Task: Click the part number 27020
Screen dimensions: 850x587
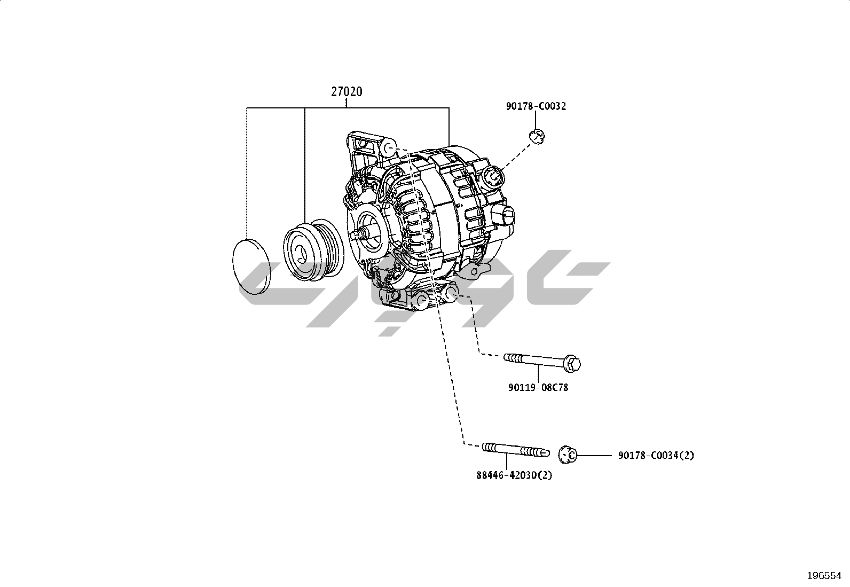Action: (x=347, y=91)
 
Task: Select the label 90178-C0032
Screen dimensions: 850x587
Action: (x=536, y=106)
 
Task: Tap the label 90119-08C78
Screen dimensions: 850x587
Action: (x=538, y=388)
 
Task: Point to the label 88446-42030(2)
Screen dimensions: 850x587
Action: (x=514, y=475)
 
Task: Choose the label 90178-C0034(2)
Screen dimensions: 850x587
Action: (x=656, y=455)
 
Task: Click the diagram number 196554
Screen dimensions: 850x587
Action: (x=824, y=576)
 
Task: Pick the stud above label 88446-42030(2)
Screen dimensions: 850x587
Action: (x=516, y=449)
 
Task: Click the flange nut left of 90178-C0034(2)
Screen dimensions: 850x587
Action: (x=568, y=455)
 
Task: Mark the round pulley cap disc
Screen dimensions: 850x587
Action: (x=251, y=267)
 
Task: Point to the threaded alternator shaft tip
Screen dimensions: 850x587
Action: (x=359, y=234)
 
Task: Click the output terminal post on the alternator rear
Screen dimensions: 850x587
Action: (x=493, y=177)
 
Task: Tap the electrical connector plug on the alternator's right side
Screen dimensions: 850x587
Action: (x=505, y=217)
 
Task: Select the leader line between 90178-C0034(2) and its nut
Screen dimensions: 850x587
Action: (x=594, y=455)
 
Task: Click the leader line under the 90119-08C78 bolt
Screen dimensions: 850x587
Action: (x=538, y=374)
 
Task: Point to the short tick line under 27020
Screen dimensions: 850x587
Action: (x=346, y=103)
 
